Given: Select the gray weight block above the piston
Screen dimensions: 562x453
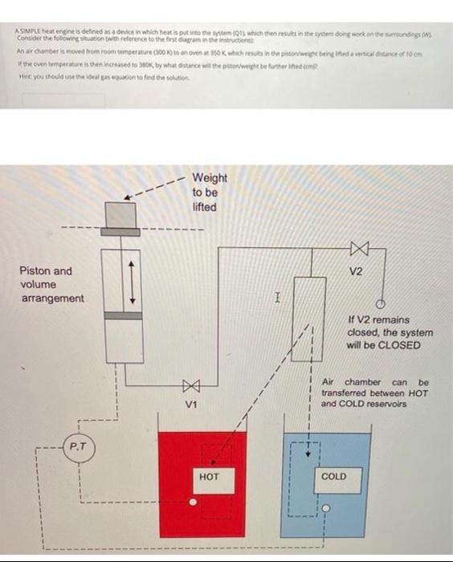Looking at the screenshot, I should coord(123,214).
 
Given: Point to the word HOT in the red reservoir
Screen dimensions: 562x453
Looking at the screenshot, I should coord(208,476).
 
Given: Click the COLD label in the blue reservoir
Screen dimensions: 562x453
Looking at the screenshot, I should coord(333,476).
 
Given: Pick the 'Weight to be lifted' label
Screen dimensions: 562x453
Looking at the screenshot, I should coord(210,192).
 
